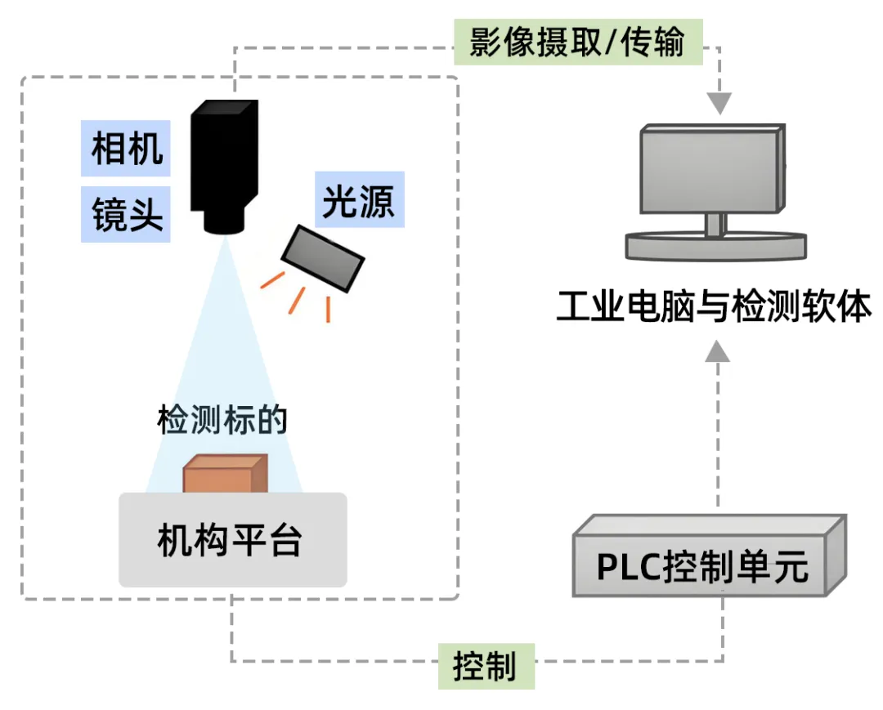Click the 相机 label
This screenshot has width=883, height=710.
126,149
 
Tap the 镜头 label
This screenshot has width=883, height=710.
126,215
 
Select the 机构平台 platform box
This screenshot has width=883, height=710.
232,540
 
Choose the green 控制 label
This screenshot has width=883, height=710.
486,666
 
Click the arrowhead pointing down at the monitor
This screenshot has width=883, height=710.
719,104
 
